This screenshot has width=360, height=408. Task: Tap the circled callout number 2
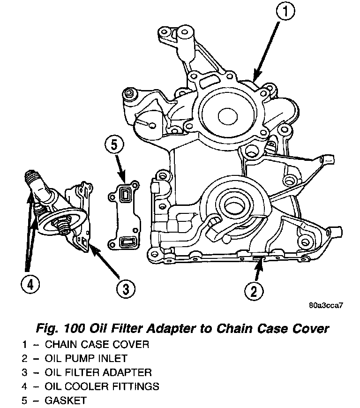point(254,291)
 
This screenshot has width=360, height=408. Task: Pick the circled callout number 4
point(30,284)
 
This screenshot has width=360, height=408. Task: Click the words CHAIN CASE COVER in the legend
point(97,345)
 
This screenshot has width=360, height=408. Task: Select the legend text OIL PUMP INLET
point(86,359)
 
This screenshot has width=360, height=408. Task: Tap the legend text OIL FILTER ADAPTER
point(98,373)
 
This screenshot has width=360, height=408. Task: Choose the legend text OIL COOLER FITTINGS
point(102,387)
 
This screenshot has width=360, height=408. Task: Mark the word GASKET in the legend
point(66,401)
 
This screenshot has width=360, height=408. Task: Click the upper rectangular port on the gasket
point(126,194)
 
